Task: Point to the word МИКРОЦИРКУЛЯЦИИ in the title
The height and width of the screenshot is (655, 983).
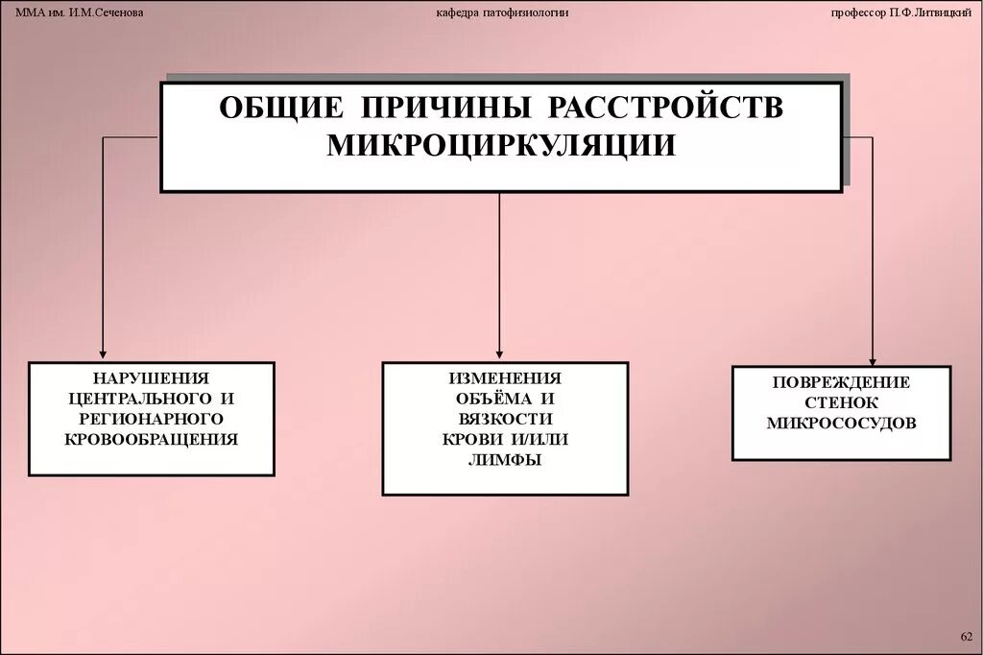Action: tap(501, 146)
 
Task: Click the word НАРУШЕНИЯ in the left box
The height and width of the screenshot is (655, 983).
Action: tap(151, 378)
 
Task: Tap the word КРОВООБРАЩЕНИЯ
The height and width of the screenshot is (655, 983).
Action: tap(151, 439)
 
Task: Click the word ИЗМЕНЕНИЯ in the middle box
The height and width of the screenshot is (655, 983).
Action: tap(505, 379)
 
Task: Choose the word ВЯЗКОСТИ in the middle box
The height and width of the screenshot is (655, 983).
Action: tap(505, 420)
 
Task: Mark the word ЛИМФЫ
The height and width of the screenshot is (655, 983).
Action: tap(505, 460)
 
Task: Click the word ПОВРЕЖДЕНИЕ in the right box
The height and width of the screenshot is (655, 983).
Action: tap(841, 382)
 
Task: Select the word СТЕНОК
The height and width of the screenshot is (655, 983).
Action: tap(841, 402)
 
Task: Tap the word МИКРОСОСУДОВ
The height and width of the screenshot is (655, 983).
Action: tap(841, 423)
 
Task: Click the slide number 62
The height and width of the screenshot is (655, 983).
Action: tap(966, 637)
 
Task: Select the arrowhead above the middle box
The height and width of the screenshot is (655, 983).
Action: tap(500, 354)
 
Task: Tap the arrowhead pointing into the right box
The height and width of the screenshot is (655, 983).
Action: tap(872, 359)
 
